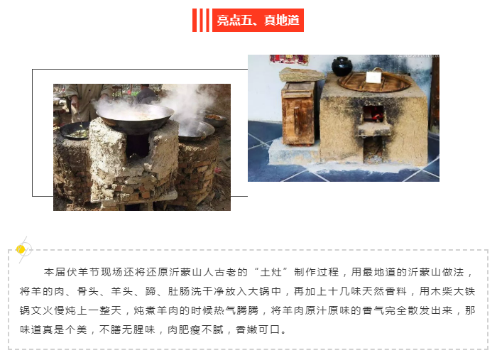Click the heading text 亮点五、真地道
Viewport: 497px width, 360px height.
258,21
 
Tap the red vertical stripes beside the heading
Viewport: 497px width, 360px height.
201,21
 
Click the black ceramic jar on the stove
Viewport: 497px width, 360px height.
342,66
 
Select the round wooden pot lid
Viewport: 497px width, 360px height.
374,81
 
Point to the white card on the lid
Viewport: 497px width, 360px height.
373,77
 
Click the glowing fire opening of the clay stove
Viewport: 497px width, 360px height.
373,114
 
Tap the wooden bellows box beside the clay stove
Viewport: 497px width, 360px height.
298,113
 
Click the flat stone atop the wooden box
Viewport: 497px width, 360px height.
302,75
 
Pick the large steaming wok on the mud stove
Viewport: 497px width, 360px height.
135,117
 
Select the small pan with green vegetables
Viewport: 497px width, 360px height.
75,131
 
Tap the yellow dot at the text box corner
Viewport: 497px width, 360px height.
21,249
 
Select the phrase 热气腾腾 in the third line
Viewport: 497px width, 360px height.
236,310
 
